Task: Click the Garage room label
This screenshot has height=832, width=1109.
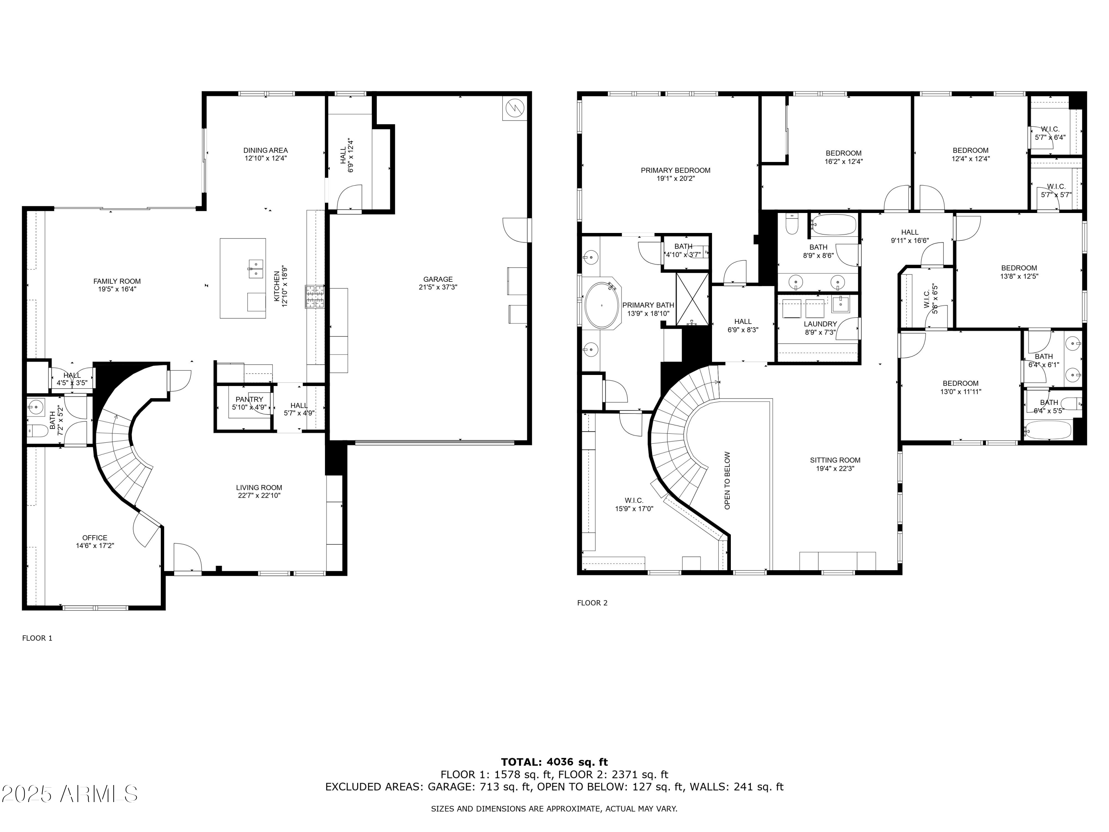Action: click(x=438, y=279)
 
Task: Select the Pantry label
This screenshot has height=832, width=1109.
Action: click(x=249, y=400)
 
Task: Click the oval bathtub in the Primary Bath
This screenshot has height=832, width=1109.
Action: click(x=601, y=305)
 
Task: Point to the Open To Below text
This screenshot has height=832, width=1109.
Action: click(x=728, y=480)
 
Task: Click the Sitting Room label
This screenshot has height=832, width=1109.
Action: click(x=835, y=460)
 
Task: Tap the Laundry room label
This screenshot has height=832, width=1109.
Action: click(x=820, y=324)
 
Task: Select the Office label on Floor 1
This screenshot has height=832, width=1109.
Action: click(x=95, y=538)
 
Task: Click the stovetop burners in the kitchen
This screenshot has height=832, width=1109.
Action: click(x=315, y=297)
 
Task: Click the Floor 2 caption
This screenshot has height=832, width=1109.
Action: click(x=592, y=603)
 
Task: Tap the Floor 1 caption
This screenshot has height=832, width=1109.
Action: click(x=37, y=638)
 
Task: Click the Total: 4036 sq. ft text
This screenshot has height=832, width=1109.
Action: click(x=554, y=762)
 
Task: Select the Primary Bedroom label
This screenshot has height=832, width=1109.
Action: click(x=675, y=170)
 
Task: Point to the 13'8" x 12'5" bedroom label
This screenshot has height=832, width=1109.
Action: click(x=1019, y=276)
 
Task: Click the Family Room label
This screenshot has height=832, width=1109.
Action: click(x=117, y=281)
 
